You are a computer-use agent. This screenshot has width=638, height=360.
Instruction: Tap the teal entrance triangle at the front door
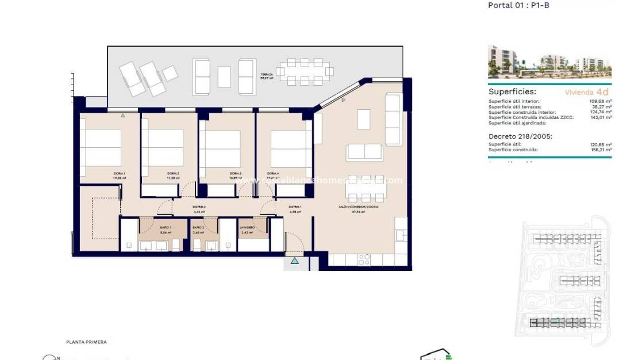pyautogui.click(x=294, y=261)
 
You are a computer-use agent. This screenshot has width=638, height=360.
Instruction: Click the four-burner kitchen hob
pyautogui.click(x=364, y=260)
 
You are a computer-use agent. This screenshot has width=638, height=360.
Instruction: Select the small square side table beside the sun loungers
pyautogui.click(x=170, y=74)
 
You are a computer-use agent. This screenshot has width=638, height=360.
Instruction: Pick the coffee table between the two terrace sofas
pyautogui.click(x=224, y=76)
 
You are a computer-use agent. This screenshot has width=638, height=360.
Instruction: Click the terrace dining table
pyautogui.click(x=303, y=72)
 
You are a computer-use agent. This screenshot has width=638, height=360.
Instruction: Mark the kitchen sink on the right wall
pyautogui.click(x=400, y=235)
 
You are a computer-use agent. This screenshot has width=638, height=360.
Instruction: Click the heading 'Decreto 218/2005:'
pyautogui.click(x=520, y=136)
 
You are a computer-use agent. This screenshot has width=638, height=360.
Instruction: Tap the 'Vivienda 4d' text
pyautogui.click(x=586, y=91)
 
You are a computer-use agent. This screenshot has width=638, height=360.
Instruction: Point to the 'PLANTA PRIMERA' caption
pyautogui.click(x=86, y=342)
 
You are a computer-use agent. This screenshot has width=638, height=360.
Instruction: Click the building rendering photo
pyautogui.click(x=549, y=61)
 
